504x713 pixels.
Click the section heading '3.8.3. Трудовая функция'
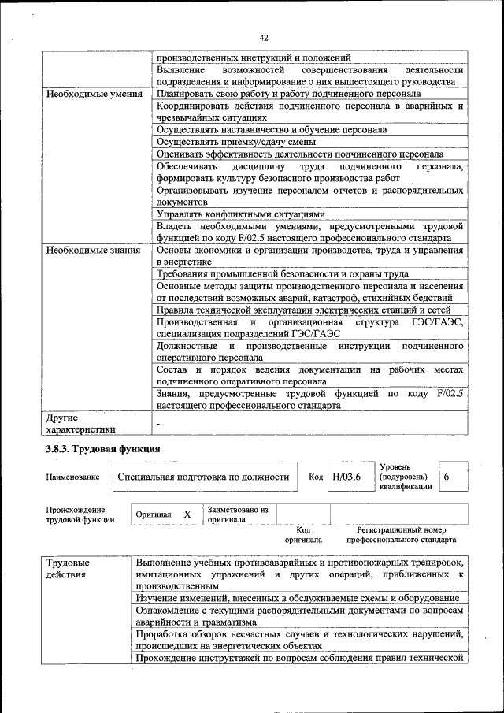tap(103, 448)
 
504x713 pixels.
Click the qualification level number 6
tap(447, 477)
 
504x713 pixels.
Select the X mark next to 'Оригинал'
tap(187, 514)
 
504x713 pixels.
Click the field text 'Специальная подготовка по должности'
tap(203, 477)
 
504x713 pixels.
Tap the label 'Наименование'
tap(73, 477)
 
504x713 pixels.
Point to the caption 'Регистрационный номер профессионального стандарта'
tap(402, 536)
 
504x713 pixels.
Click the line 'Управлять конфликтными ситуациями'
tap(240, 214)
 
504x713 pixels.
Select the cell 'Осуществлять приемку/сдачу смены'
tap(236, 142)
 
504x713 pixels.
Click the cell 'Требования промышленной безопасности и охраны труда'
tap(282, 273)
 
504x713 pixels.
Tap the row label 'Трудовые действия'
tap(67, 569)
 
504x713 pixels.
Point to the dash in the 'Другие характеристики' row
tap(157, 424)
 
